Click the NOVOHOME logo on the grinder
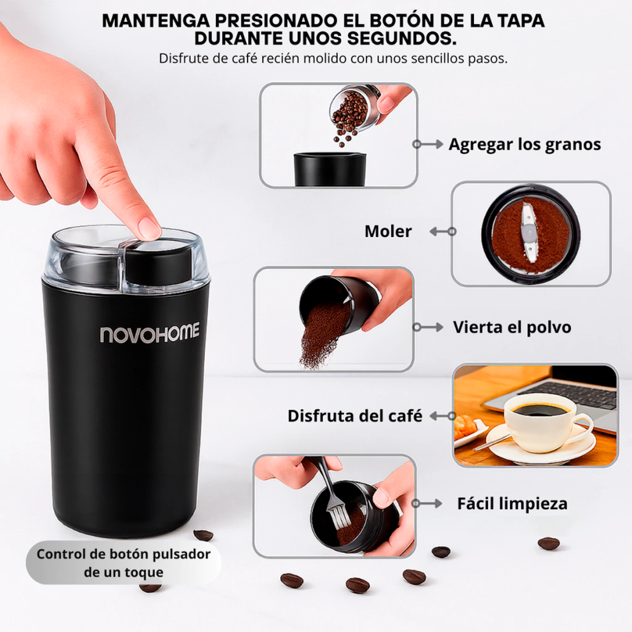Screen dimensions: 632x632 (x=149, y=333)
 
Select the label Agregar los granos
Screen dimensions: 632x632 (x=525, y=144)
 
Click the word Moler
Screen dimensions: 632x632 (x=388, y=231)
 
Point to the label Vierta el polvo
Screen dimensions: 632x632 (x=512, y=327)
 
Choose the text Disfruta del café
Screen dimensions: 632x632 (x=355, y=415)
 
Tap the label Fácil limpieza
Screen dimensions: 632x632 (x=512, y=504)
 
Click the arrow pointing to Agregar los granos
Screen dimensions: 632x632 (x=428, y=144)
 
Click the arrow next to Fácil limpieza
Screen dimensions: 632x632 (x=427, y=504)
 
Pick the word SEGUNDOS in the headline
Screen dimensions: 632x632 (x=402, y=39)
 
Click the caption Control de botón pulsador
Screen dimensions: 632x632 (x=123, y=554)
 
